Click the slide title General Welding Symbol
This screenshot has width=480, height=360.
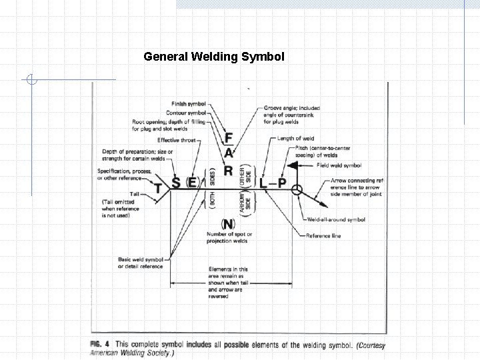pos(214,57)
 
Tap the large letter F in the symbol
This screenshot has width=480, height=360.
pos(229,138)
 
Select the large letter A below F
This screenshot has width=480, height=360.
pos(229,153)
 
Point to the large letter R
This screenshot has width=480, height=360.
pos(229,171)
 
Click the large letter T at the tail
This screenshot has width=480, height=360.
pos(159,189)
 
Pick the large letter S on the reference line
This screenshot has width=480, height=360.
pos(176,182)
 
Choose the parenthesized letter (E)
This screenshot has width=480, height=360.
pos(193,182)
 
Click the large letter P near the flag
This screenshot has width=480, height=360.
pos(282,182)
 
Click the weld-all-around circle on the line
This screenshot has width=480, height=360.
pos(297,189)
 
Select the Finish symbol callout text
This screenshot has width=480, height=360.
pos(189,104)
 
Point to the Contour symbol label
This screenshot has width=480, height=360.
pos(187,113)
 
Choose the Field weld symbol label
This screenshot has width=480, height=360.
pos(339,165)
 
